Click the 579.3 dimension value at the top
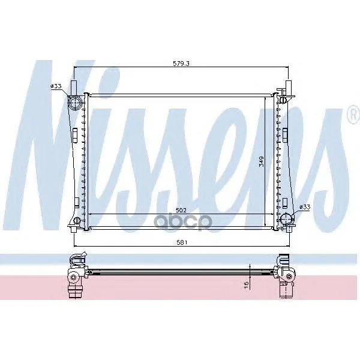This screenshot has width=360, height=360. pos(181,64)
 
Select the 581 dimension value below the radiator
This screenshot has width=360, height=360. pos(182,242)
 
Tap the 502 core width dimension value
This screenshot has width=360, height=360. pos(181,210)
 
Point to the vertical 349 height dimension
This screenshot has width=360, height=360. pos(261,161)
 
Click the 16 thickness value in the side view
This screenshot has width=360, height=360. pos(246,285)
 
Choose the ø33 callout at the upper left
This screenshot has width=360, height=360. pos(56,86)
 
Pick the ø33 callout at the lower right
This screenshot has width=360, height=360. pos(305,207)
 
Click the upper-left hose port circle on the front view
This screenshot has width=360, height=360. pos(75,103)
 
